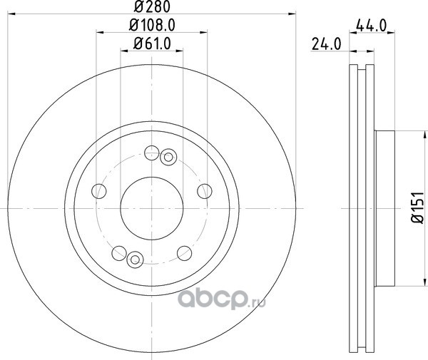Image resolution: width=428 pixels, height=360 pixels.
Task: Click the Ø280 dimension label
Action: [152, 6]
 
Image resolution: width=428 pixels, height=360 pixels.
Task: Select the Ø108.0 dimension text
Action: [152, 26]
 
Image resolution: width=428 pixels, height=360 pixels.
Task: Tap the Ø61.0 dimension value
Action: [152, 43]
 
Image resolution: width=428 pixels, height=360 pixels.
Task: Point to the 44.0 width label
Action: [372, 26]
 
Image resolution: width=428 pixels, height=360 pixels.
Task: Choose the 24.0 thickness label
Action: [327, 44]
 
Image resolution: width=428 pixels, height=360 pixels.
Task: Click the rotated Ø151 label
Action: [417, 208]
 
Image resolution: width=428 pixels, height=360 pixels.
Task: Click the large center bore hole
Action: [152, 208]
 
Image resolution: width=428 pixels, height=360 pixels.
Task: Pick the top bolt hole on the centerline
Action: [151, 153]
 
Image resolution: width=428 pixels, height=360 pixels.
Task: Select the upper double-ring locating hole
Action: [168, 157]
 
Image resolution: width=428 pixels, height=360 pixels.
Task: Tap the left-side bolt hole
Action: [99, 191]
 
